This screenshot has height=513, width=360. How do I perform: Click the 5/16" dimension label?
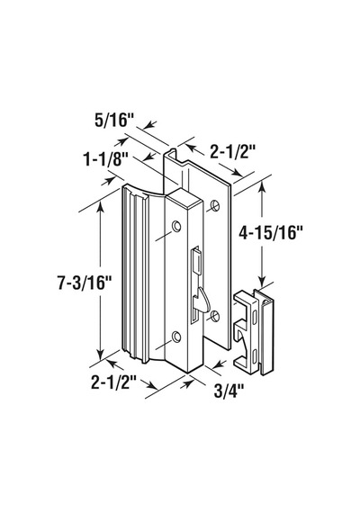pyautogui.click(x=111, y=120)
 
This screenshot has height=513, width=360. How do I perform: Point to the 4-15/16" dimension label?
pyautogui.click(x=271, y=232)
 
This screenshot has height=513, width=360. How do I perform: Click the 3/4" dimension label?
pyautogui.click(x=229, y=390)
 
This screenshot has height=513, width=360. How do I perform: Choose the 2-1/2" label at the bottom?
pyautogui.click(x=114, y=382)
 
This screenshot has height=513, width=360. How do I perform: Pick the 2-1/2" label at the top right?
pyautogui.click(x=232, y=152)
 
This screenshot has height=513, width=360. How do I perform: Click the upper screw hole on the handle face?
pyautogui.click(x=176, y=226)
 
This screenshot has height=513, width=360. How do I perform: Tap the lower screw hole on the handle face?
pyautogui.click(x=176, y=337)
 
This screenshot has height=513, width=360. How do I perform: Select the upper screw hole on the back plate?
pyautogui.click(x=215, y=205)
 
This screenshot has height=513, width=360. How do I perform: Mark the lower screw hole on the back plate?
pyautogui.click(x=215, y=315)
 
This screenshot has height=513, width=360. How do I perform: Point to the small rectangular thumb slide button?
pyautogui.click(x=196, y=260)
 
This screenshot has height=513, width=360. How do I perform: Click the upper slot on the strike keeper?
pyautogui.click(x=255, y=317)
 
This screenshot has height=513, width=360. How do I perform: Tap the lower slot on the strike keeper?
pyautogui.click(x=255, y=355)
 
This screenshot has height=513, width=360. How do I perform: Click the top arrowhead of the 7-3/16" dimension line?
pyautogui.click(x=101, y=205)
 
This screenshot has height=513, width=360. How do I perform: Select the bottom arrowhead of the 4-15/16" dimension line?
pyautogui.click(x=262, y=282)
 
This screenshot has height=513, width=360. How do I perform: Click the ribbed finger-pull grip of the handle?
pyautogui.click(x=136, y=274)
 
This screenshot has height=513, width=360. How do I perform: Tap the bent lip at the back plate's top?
pyautogui.click(x=173, y=154)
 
